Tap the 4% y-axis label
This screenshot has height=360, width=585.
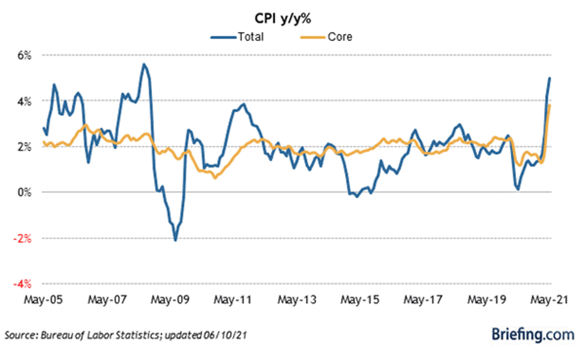(x=25, y=101)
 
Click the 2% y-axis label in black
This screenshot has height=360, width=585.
(x=25, y=147)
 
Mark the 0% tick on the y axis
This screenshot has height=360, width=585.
(x=25, y=193)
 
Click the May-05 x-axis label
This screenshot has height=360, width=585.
(x=43, y=300)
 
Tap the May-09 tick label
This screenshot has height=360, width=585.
(x=169, y=300)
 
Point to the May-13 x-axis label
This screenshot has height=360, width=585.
(x=297, y=300)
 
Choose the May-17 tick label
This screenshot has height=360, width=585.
(x=424, y=300)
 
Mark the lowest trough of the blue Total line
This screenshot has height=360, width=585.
(x=175, y=240)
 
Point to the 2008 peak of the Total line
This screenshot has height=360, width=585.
(x=143, y=64)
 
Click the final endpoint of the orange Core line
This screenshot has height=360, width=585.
(x=550, y=105)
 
